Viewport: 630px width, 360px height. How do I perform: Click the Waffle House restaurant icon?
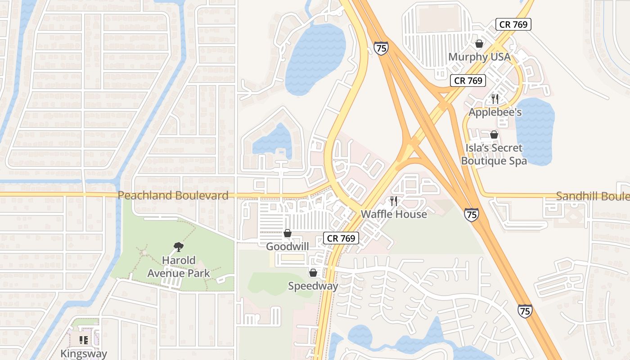(394, 201)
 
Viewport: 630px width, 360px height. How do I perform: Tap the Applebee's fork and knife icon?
(495, 99)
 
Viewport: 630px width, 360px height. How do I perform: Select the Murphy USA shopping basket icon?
(479, 44)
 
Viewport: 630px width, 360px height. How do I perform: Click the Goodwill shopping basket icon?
(287, 233)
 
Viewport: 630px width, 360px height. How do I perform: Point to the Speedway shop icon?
(313, 273)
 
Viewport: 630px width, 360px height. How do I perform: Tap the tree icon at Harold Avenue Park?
(178, 247)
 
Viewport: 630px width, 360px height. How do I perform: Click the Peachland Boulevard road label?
(173, 195)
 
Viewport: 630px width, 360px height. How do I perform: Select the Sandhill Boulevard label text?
(592, 196)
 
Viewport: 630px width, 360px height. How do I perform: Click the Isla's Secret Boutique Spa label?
(494, 154)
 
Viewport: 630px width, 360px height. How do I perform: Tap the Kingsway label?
(84, 353)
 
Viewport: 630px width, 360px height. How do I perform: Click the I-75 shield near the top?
(381, 48)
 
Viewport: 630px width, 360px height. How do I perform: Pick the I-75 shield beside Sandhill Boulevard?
(472, 214)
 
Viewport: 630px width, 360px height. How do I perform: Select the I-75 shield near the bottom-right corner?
(525, 310)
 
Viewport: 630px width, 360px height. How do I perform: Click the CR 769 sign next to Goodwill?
(341, 238)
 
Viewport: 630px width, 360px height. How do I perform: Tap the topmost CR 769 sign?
(513, 24)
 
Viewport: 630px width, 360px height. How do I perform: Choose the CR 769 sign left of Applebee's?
(468, 81)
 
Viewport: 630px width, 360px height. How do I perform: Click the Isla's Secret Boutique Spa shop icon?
(494, 135)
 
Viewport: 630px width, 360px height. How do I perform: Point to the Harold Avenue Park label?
(179, 266)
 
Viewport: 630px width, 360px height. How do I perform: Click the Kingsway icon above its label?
(84, 340)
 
